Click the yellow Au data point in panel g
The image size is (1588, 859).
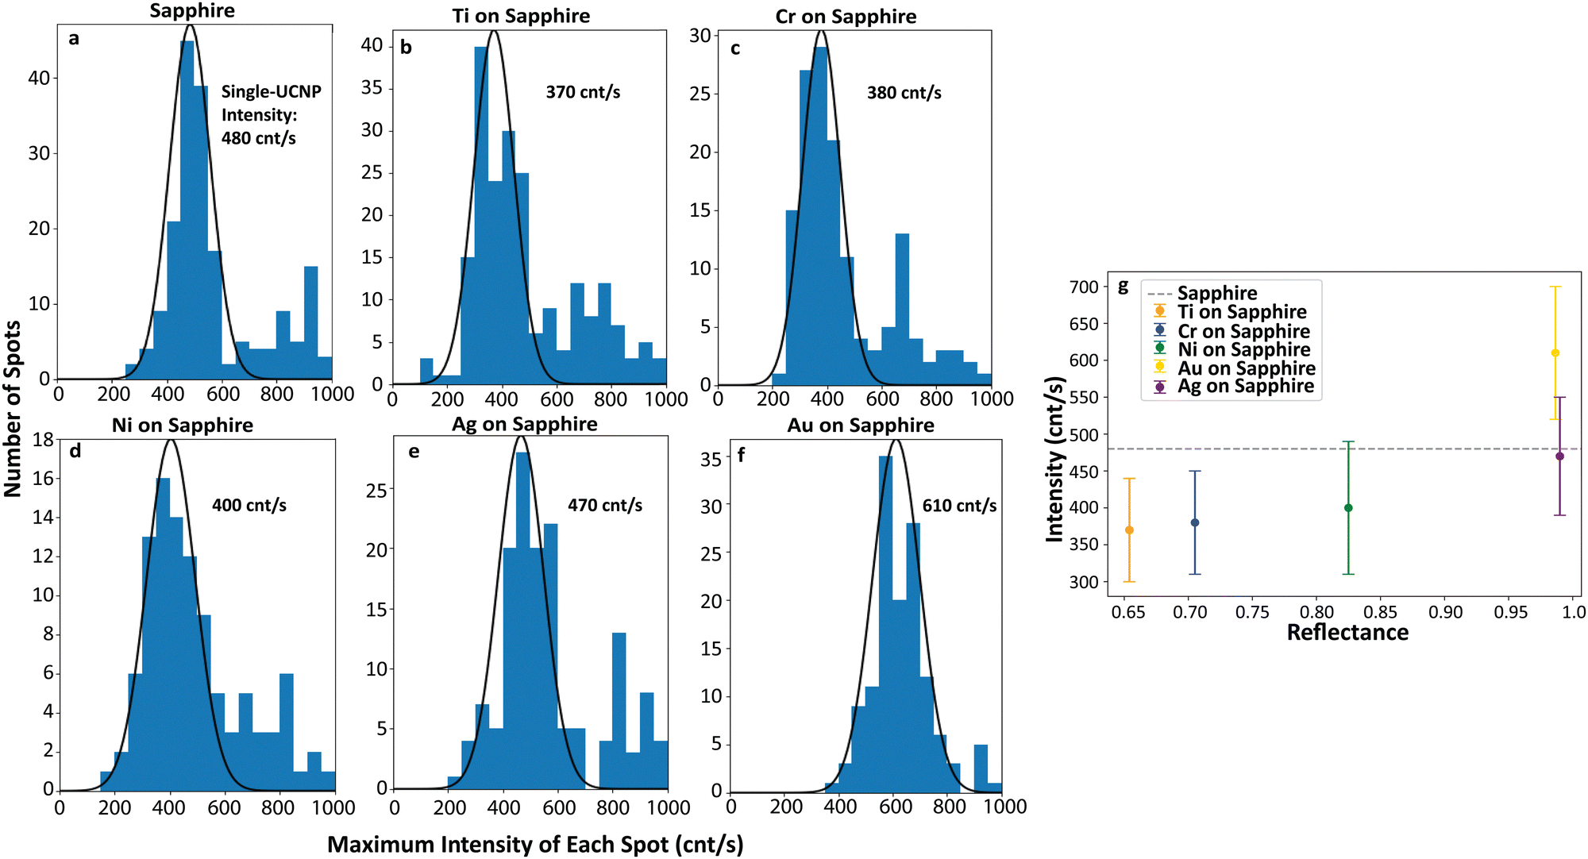(x=1555, y=353)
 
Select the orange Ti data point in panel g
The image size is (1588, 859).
(x=1129, y=530)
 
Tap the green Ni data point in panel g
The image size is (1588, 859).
(x=1348, y=508)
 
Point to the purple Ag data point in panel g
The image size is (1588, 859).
(x=1559, y=456)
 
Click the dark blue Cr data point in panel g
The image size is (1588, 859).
(x=1195, y=522)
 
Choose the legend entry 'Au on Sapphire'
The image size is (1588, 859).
(x=1246, y=368)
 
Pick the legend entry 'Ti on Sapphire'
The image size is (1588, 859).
(x=1241, y=312)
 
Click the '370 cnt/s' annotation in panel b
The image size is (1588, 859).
(x=583, y=92)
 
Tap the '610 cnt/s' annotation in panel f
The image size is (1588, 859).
(x=959, y=506)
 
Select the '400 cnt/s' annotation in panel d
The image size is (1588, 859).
(x=249, y=505)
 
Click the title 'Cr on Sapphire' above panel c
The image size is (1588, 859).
(x=846, y=17)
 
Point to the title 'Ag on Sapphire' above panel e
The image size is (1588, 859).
(x=524, y=424)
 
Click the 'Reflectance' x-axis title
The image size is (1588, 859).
(x=1347, y=633)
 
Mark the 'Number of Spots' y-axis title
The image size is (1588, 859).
(x=13, y=409)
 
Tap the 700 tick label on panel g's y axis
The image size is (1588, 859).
(x=1084, y=287)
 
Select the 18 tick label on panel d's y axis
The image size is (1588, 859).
(x=43, y=440)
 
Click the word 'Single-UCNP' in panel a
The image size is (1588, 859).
(x=271, y=92)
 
